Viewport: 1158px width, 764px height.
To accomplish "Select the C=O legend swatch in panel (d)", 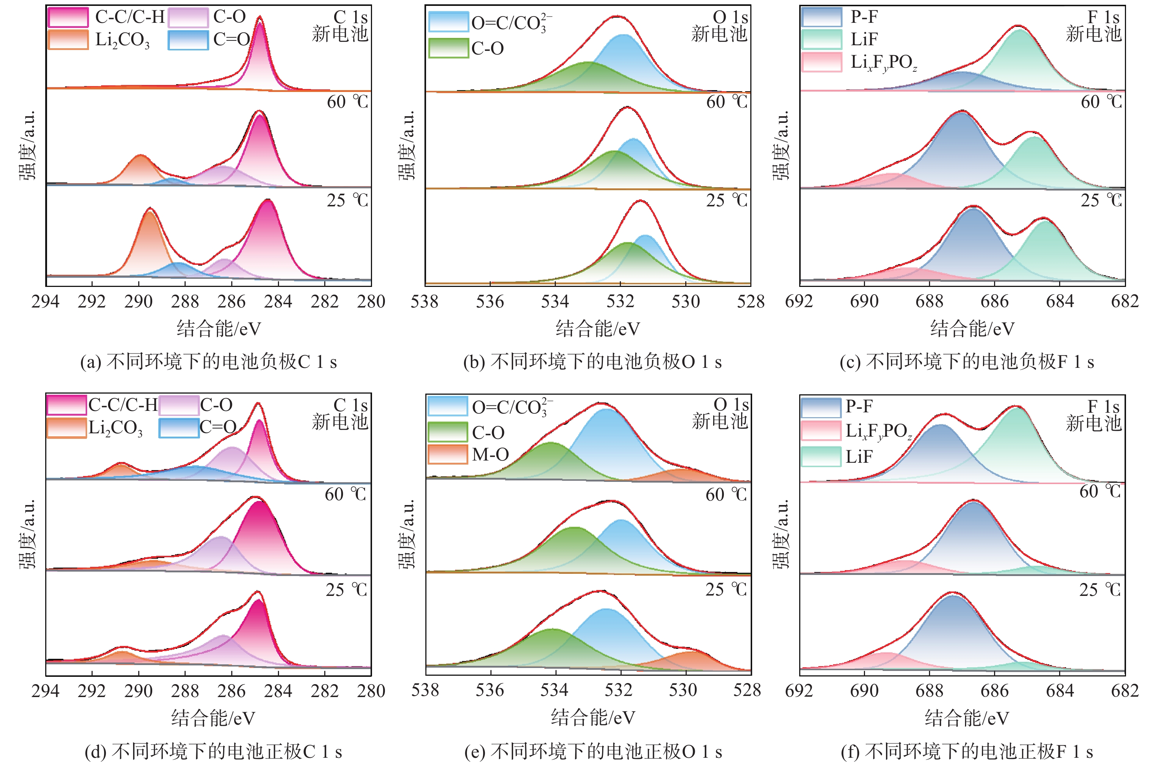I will pyautogui.click(x=179, y=428).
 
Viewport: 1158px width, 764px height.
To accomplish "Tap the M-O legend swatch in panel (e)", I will pyautogui.click(x=447, y=454).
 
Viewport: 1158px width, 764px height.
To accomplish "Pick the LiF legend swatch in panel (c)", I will pyautogui.click(x=822, y=39).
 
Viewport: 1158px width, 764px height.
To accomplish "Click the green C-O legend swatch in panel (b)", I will pyautogui.click(x=448, y=48).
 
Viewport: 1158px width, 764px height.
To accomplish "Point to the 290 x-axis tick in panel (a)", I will pyautogui.click(x=139, y=302).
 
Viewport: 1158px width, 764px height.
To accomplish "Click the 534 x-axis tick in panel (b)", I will pyautogui.click(x=555, y=302).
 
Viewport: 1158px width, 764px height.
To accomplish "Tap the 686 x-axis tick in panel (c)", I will pyautogui.click(x=994, y=302).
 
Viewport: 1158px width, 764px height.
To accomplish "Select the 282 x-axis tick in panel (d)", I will pyautogui.click(x=325, y=690).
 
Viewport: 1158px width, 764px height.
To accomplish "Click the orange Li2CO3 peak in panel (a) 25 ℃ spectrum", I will pyautogui.click(x=150, y=244).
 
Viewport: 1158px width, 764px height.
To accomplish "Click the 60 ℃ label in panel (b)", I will pyautogui.click(x=726, y=102).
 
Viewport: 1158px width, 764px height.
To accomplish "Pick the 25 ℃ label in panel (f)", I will pyautogui.click(x=1100, y=590).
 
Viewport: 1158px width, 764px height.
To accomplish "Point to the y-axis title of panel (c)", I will pyautogui.click(x=781, y=145).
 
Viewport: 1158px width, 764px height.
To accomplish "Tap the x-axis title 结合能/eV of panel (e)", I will pyautogui.click(x=593, y=718).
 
